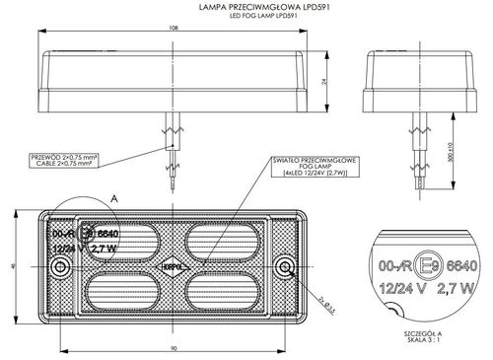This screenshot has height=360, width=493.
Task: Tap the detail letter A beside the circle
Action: click(x=114, y=198)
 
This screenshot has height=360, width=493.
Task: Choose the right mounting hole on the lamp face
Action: click(x=285, y=268)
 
